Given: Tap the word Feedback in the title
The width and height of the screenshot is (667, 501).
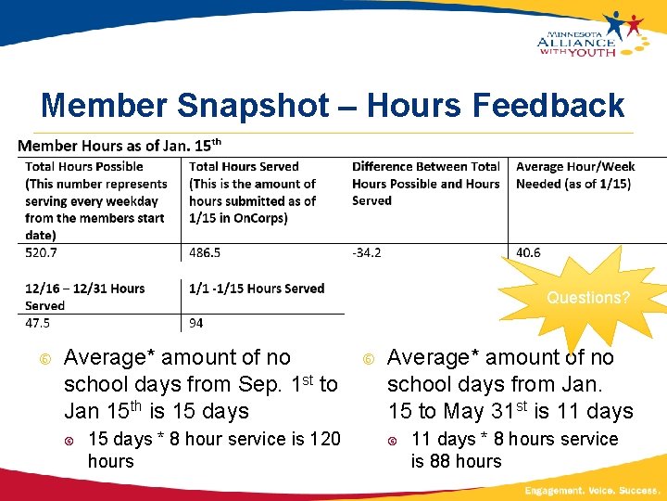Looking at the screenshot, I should pos(548,106).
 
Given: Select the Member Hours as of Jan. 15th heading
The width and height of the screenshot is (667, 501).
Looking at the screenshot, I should pos(120,146).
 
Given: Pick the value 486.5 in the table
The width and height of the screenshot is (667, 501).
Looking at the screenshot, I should pos(205,252).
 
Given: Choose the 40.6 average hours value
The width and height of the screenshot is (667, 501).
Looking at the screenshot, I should pos(528,252).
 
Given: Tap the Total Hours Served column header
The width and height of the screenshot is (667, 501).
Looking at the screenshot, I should pos(253,192).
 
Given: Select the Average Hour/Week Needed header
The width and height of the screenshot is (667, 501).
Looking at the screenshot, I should pos(575,175).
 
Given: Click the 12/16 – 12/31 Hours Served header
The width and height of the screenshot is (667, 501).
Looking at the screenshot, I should pos(84,296).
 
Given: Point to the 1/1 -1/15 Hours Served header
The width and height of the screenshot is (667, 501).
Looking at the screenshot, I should pos(257,289).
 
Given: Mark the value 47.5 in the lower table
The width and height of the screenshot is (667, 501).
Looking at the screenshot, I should pos(38,323).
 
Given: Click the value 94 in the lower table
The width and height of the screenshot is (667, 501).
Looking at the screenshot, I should pos(196,323).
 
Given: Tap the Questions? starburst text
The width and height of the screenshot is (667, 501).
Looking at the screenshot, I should pos(588,298).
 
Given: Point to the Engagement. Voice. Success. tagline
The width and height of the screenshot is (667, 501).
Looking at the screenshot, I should pos(591,489).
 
